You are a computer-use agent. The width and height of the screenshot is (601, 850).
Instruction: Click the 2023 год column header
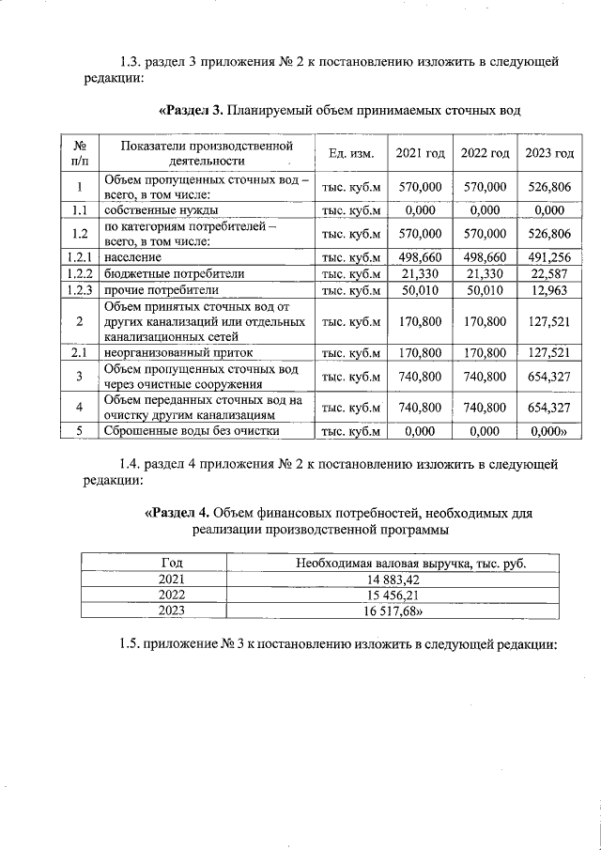coord(549,153)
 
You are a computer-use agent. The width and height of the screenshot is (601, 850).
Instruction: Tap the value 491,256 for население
coord(549,256)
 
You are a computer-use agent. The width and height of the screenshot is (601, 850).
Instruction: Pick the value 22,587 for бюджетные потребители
coord(549,273)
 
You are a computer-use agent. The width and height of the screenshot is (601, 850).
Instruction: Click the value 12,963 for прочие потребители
coord(549,290)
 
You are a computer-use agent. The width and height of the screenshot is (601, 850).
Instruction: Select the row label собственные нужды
coord(161,210)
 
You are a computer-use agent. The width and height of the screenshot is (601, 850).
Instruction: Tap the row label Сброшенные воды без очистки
coord(192,431)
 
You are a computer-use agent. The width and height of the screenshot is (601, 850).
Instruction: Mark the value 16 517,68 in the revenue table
coord(409,610)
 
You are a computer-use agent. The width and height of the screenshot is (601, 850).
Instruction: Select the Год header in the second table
coord(172,563)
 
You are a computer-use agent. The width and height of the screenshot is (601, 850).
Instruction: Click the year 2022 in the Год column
coord(172,595)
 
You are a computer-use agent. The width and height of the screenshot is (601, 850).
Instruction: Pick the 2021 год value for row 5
coord(420,431)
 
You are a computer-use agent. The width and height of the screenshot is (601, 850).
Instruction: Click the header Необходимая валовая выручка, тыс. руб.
coord(409,563)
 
